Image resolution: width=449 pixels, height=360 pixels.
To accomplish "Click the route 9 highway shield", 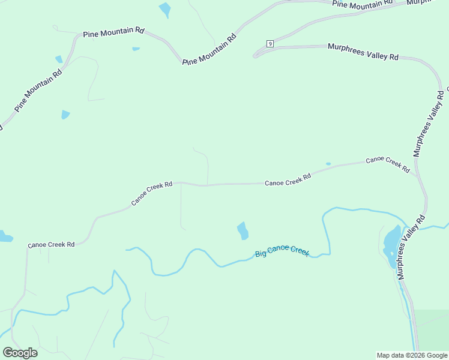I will pyautogui.click(x=270, y=44).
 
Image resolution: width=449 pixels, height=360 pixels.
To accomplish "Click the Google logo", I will pyautogui.click(x=20, y=352).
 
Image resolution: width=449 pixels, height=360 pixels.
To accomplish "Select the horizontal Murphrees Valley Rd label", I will pyautogui.click(x=363, y=52).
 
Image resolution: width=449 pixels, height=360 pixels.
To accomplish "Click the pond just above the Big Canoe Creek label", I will pyautogui.click(x=243, y=230).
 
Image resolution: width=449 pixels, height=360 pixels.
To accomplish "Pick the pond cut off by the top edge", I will pyautogui.click(x=164, y=9).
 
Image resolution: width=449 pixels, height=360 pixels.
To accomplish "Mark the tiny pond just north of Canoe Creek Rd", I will pyautogui.click(x=328, y=164).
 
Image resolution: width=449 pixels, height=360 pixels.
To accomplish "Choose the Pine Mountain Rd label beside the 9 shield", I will pyautogui.click(x=210, y=49).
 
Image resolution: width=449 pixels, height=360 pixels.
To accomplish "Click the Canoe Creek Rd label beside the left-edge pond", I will pyautogui.click(x=51, y=245).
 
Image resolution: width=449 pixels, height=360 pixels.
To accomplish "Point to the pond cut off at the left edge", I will pyautogui.click(x=4, y=236).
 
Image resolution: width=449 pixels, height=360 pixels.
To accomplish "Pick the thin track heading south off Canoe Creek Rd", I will pyautogui.click(x=181, y=207).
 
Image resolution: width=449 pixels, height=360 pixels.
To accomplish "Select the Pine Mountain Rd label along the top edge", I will pyautogui.click(x=362, y=4).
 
